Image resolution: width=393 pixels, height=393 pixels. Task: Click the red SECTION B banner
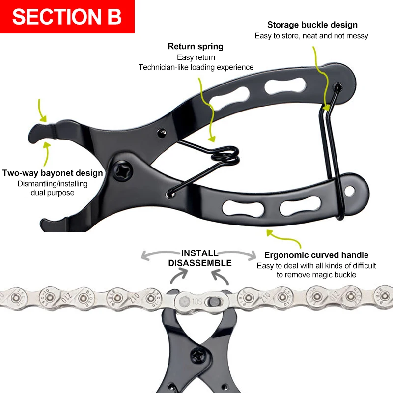67,17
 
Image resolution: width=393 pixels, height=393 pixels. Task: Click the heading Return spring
196,47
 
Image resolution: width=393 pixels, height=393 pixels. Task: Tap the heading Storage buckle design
312,25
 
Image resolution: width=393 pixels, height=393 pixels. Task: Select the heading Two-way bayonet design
53,173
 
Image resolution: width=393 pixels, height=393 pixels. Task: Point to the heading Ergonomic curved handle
316,255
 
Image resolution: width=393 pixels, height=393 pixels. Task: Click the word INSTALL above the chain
200,253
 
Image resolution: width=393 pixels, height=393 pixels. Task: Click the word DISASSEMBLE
200,263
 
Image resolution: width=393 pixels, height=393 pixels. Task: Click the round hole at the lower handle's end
350,189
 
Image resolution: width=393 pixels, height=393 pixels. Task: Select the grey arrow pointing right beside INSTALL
252,255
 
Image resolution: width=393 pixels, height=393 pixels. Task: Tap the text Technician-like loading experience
196,67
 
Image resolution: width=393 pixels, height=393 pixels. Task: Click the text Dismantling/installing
53,184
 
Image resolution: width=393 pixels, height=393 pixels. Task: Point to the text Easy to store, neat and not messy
311,36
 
